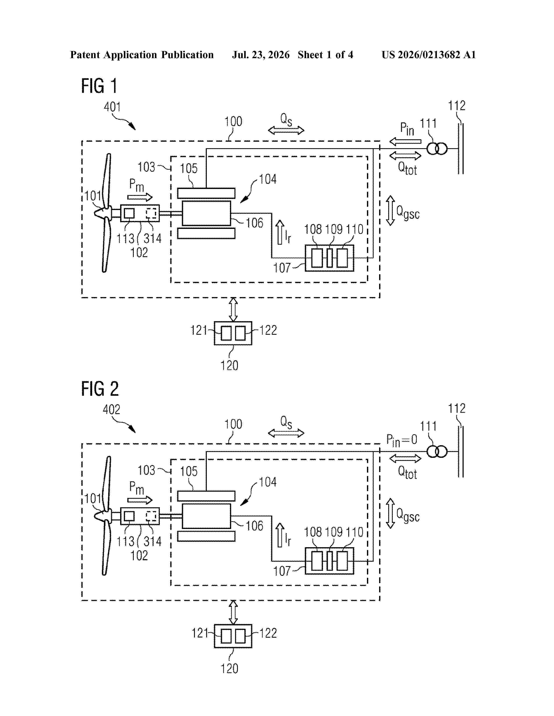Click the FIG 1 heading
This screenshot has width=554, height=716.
pyautogui.click(x=99, y=86)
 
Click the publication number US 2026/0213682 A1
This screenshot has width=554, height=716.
pyautogui.click(x=429, y=55)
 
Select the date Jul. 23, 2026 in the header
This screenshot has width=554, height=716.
pyautogui.click(x=261, y=55)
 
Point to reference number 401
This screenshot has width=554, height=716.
pyautogui.click(x=112, y=107)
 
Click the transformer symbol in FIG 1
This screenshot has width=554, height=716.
pyautogui.click(x=437, y=149)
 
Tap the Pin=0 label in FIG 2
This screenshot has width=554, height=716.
pyautogui.click(x=402, y=440)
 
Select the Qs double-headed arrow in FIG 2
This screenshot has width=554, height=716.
pyautogui.click(x=286, y=434)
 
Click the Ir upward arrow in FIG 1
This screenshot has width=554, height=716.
pyautogui.click(x=280, y=232)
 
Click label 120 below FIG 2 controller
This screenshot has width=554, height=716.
pyautogui.click(x=229, y=668)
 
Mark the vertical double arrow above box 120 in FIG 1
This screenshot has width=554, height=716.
pyautogui.click(x=233, y=309)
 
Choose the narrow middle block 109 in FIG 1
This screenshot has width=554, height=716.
pyautogui.click(x=330, y=258)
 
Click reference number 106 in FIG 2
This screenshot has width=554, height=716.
pyautogui.click(x=254, y=526)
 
